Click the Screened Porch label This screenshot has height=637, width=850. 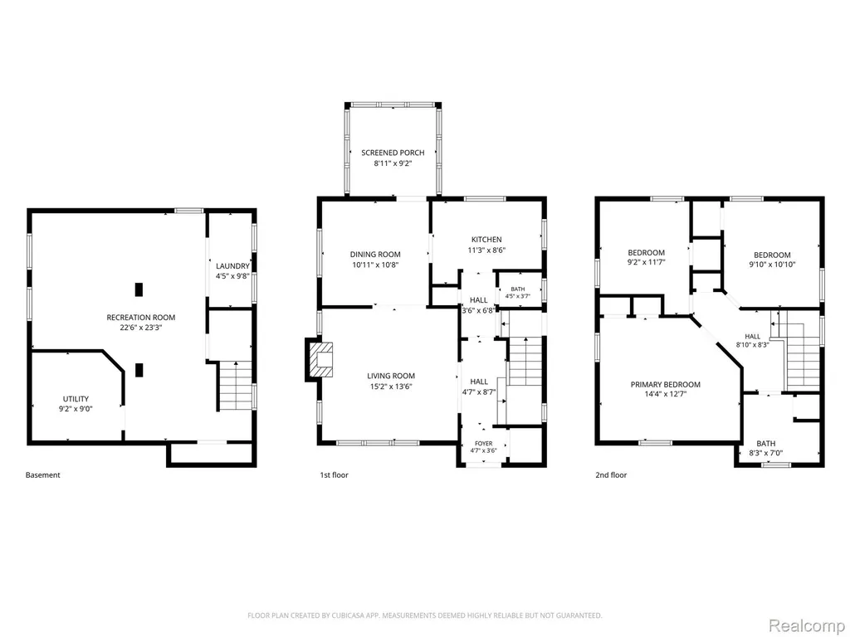pyautogui.click(x=393, y=153)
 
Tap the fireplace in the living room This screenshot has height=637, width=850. pyautogui.click(x=320, y=359)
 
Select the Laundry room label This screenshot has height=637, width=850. pyautogui.click(x=232, y=266)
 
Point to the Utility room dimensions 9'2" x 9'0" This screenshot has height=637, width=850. pyautogui.click(x=76, y=409)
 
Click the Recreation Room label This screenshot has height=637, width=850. pyautogui.click(x=141, y=318)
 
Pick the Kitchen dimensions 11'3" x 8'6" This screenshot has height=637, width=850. pyautogui.click(x=486, y=250)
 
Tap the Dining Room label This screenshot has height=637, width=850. pyautogui.click(x=375, y=254)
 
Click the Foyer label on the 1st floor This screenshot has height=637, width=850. pyautogui.click(x=484, y=444)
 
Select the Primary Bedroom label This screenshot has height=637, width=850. pyautogui.click(x=666, y=385)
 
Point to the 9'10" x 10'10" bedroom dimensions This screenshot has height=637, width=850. pyautogui.click(x=773, y=265)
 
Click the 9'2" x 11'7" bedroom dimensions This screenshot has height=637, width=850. pyautogui.click(x=646, y=262)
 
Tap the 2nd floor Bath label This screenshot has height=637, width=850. pyautogui.click(x=766, y=443)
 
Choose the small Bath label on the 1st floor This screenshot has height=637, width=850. pyautogui.click(x=518, y=289)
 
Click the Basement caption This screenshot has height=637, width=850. pyautogui.click(x=43, y=475)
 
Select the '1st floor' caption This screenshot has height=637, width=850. pyautogui.click(x=334, y=475)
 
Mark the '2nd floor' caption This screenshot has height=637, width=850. pyautogui.click(x=611, y=475)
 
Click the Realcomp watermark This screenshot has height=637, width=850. pyautogui.click(x=806, y=625)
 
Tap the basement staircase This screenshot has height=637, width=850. pyautogui.click(x=235, y=385)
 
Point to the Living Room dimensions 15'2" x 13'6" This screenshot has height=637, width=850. pyautogui.click(x=391, y=387)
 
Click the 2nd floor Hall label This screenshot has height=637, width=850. pyautogui.click(x=752, y=337)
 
